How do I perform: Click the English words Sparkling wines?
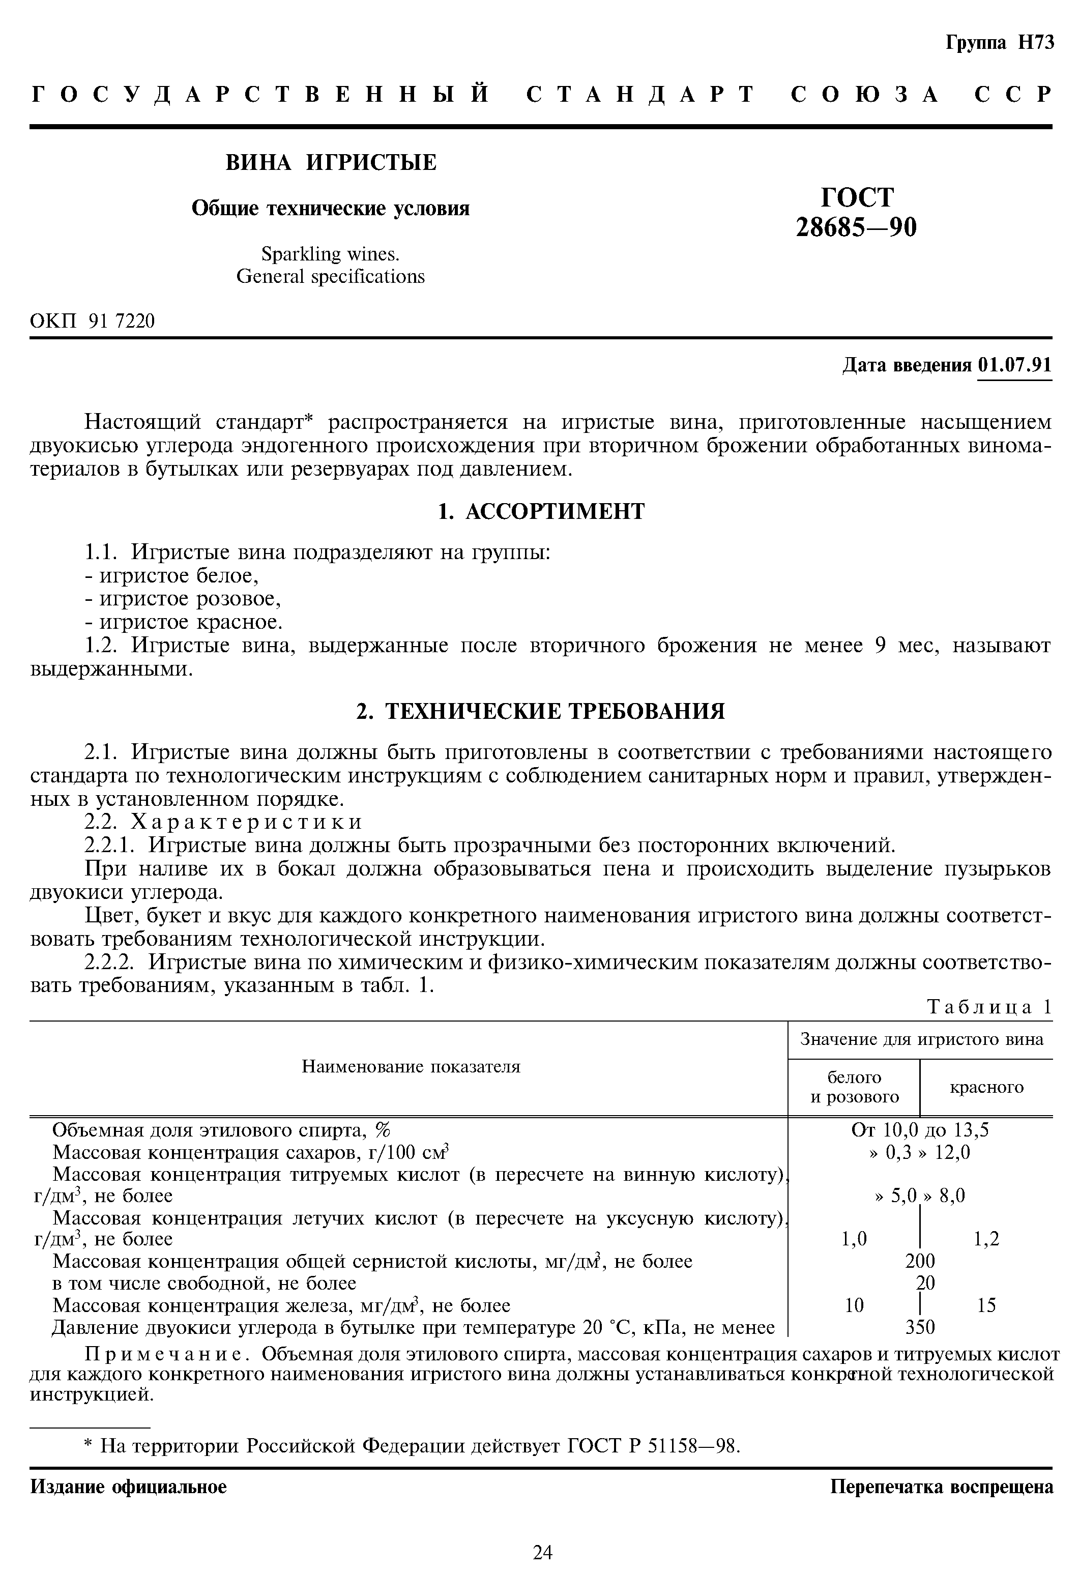tap(330, 254)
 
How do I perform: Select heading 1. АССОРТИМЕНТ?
tap(541, 511)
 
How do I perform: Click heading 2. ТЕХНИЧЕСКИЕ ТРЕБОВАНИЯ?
tap(541, 711)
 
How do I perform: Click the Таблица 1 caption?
tap(989, 1007)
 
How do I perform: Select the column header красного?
tap(986, 1087)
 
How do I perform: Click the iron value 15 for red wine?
tap(986, 1305)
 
